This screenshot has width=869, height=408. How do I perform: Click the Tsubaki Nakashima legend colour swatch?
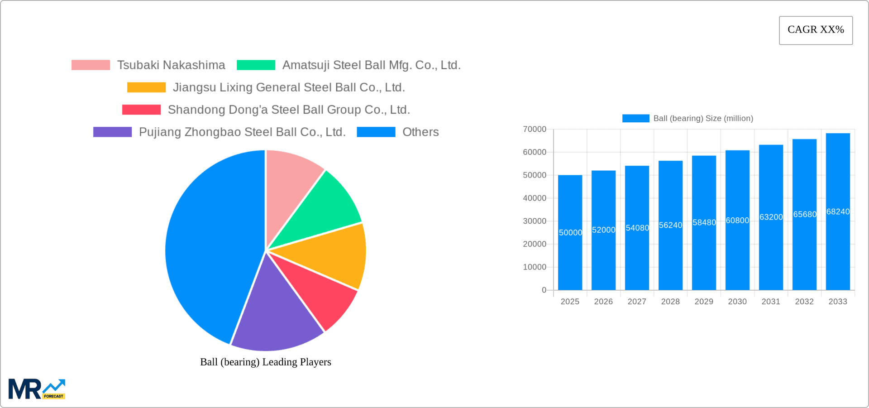[91, 65]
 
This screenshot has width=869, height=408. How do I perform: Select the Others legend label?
[420, 132]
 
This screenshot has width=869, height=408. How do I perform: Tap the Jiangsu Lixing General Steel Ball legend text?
[289, 87]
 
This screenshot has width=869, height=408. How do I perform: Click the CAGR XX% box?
[816, 30]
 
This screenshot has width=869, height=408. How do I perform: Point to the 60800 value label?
[737, 221]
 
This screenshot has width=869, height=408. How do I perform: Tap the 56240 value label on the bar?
[670, 226]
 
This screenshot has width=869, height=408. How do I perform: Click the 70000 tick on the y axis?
[535, 130]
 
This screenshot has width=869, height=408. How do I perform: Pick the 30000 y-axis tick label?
[535, 221]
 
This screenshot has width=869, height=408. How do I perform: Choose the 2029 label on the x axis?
[704, 302]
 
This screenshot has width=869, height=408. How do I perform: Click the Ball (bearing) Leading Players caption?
[266, 362]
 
